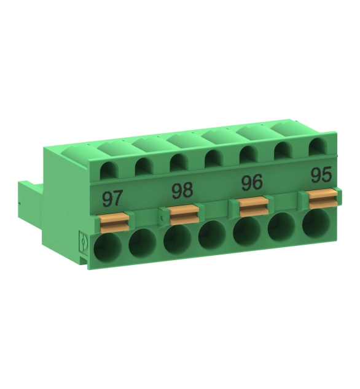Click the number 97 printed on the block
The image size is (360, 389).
112,198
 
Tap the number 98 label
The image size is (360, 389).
182,190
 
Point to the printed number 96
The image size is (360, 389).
252,182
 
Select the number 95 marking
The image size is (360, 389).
321,174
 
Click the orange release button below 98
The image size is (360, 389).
184,215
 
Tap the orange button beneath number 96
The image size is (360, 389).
254,206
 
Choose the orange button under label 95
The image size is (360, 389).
323,198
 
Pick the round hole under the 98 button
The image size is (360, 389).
178,240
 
